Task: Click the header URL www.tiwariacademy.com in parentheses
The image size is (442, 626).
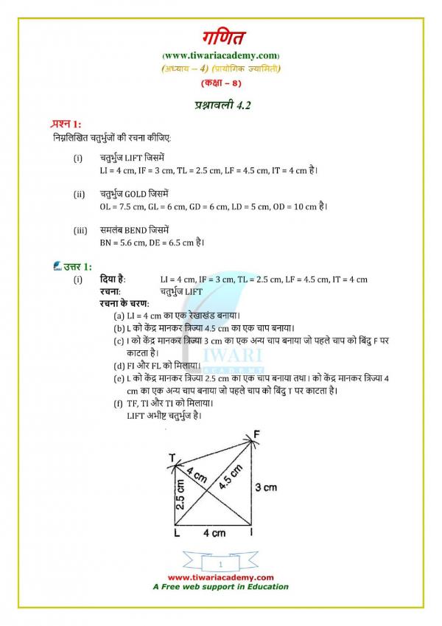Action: [220, 56]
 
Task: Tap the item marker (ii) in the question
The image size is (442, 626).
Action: [79, 194]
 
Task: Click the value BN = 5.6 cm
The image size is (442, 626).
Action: [125, 242]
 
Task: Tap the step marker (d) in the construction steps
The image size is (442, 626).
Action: [119, 365]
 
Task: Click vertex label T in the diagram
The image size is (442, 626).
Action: [172, 459]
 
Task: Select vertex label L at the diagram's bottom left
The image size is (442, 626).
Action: [176, 532]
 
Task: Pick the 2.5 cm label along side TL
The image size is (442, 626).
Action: [182, 493]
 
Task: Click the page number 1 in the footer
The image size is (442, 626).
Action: [220, 563]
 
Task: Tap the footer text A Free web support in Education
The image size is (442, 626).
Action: [220, 587]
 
